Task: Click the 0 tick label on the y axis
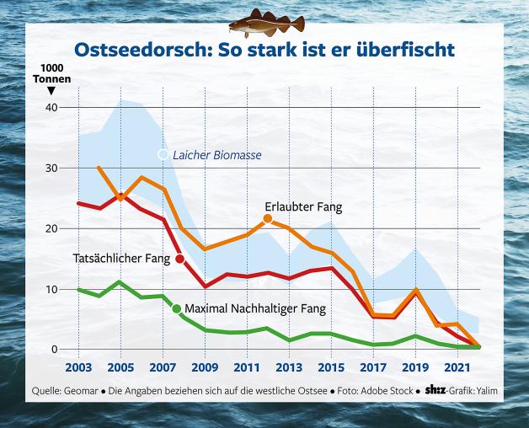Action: pos(53,350)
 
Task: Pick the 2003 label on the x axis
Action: pos(78,368)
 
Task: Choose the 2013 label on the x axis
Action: pos(288,368)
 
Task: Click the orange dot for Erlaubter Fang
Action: pos(268,219)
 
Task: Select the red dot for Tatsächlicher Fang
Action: pos(179,259)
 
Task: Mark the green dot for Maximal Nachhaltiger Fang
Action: pos(177,308)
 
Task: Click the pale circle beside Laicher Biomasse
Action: pos(163,154)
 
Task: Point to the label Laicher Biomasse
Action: pos(216,155)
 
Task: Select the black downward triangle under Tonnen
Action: pos(51,90)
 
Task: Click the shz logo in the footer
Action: pos(436,390)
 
